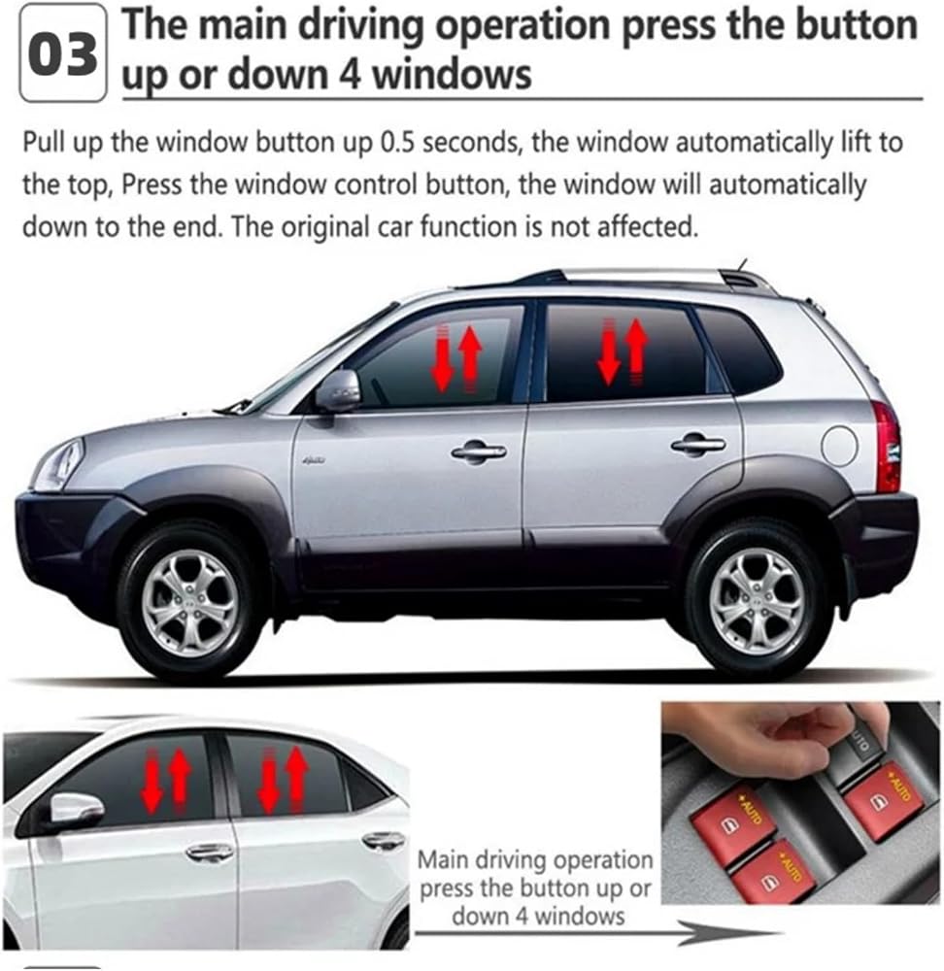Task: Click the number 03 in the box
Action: pos(62,54)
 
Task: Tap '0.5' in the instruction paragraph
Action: pos(396,143)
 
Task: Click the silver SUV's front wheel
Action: pos(190,602)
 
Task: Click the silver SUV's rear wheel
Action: pos(757,598)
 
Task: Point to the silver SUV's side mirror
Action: pos(338,390)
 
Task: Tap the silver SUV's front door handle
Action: pos(478,452)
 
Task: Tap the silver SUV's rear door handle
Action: pos(698,444)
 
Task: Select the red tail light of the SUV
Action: pos(886,447)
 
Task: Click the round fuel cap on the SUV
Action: pos(839,445)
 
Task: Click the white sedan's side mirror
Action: pos(76,808)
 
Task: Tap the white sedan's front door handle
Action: pos(210,853)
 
